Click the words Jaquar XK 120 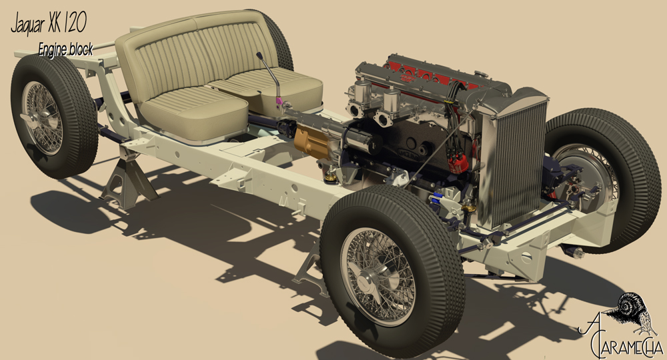point(49,23)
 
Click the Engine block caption point(65,49)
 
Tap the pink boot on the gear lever point(279,101)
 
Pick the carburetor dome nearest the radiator point(392,99)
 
